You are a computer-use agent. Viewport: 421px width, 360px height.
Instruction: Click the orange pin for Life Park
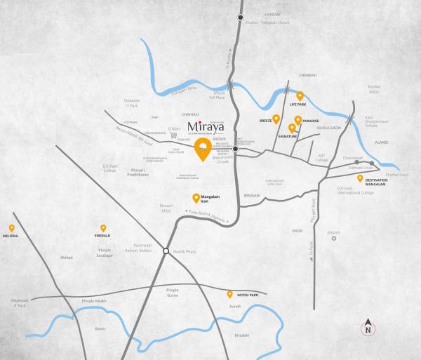[x=300, y=95]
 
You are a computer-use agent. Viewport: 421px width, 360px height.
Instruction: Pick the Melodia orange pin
[x=12, y=227]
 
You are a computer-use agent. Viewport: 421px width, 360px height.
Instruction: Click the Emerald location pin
[x=103, y=228]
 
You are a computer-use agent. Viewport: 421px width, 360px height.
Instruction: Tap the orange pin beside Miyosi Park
[x=229, y=294]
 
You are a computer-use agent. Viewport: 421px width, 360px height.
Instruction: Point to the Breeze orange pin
[x=276, y=118]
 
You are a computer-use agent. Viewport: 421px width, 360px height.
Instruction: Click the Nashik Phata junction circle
[x=166, y=251]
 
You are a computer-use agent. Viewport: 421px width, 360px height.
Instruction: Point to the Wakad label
[x=66, y=258]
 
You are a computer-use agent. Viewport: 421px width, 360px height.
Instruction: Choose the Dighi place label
[x=298, y=230]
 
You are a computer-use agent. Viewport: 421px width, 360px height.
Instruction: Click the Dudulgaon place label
[x=328, y=127]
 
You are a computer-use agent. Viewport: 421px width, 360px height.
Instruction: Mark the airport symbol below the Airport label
[x=334, y=239]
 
